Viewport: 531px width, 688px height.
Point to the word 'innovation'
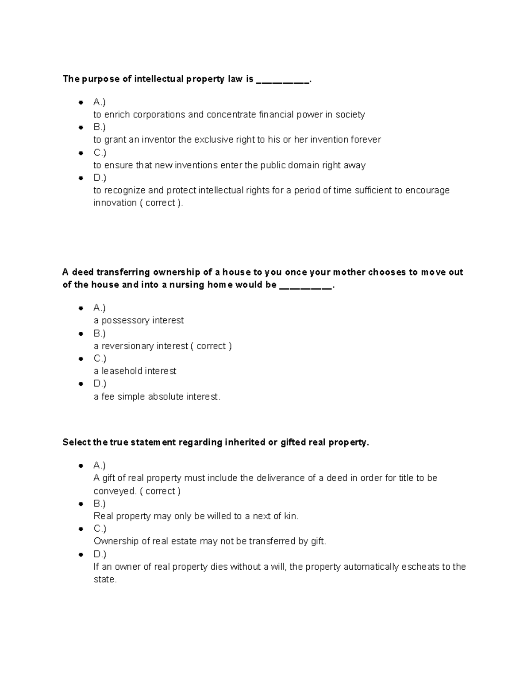coord(115,203)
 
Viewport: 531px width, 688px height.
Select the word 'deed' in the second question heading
coord(83,272)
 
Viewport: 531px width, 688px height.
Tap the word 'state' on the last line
coord(104,579)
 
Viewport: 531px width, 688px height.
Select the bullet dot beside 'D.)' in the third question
coord(81,554)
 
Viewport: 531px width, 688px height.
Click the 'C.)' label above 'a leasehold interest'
coord(100,358)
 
